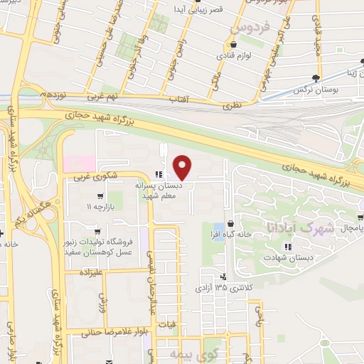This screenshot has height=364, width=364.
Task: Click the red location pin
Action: pyautogui.click(x=183, y=166)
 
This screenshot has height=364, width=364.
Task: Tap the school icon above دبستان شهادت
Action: pyautogui.click(x=287, y=247)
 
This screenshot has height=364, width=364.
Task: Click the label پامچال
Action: pyautogui.click(x=350, y=228)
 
